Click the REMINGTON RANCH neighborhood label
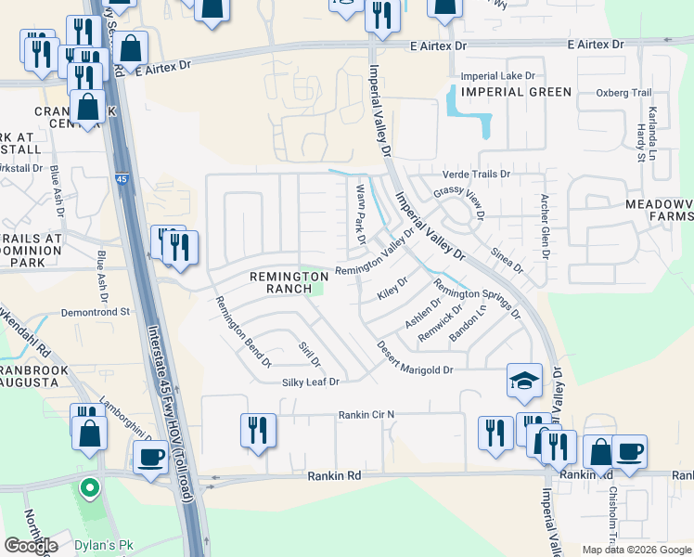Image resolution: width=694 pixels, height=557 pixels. (281, 282)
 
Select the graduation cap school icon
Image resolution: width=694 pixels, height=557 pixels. (524, 381)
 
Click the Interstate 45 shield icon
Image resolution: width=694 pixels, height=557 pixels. (122, 178)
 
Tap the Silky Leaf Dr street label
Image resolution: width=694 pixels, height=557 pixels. (311, 382)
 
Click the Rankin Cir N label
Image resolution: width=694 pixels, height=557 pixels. (366, 414)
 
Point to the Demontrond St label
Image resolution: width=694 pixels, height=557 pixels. (96, 313)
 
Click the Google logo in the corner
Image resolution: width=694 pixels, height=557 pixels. (32, 546)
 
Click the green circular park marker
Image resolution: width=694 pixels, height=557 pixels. (89, 486)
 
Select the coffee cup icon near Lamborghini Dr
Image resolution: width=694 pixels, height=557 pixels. (150, 458)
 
